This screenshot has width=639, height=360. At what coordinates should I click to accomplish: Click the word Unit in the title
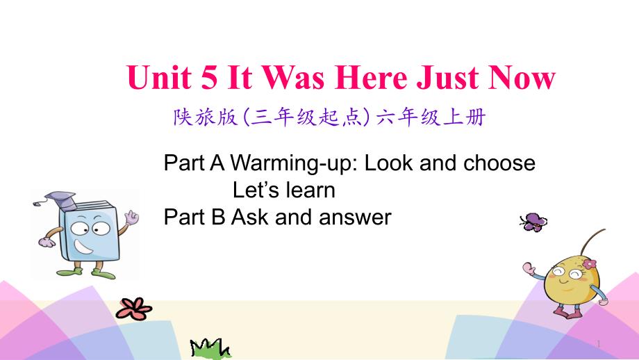point(159,77)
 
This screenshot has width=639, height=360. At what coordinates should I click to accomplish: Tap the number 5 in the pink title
point(209,77)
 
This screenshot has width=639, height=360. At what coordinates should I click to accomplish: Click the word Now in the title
point(522,77)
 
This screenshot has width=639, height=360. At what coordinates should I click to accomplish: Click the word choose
point(499,163)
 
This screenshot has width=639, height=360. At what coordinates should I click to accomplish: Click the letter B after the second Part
point(218,217)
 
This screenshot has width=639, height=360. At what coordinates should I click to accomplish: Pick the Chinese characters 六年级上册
point(431,117)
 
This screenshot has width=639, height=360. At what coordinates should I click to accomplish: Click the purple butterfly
point(533,222)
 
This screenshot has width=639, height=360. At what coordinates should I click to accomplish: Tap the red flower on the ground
point(133,309)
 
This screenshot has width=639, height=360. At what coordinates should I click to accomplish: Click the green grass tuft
point(210,349)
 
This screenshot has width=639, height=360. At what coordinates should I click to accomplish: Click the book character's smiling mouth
point(83,246)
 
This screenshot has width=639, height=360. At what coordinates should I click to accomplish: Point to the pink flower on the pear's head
point(589,264)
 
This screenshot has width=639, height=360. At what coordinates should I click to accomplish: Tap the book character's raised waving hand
point(132,218)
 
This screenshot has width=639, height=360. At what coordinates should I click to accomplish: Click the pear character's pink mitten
point(530,268)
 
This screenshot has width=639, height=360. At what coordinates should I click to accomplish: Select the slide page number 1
point(599,344)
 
